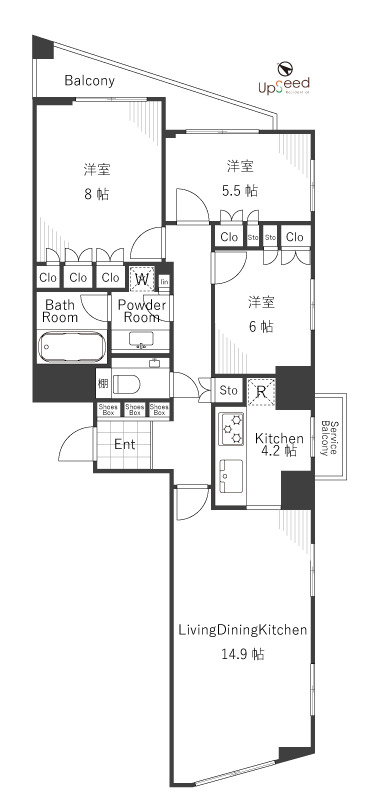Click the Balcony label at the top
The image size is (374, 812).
point(89,81)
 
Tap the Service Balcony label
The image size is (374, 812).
point(329,437)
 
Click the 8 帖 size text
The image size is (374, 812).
point(96,193)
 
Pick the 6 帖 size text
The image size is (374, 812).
point(261,326)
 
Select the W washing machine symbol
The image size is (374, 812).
point(142,278)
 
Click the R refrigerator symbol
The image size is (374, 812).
point(260,391)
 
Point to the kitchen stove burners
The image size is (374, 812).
point(232,429)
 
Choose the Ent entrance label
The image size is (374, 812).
point(124,444)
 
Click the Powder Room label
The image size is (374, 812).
point(140,310)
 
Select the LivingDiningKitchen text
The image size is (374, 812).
point(242,630)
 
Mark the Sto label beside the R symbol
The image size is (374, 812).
point(229,391)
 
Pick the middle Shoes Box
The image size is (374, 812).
point(133,408)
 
